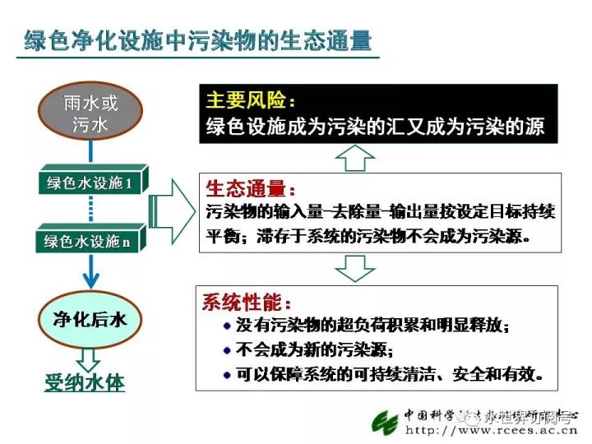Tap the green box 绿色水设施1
(90, 183)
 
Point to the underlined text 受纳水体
(85, 384)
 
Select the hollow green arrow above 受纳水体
(88, 358)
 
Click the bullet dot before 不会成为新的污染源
(227, 349)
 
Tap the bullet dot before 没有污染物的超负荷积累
(227, 326)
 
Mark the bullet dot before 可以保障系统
(227, 374)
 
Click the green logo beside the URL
(385, 423)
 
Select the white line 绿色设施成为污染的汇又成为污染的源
(374, 128)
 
